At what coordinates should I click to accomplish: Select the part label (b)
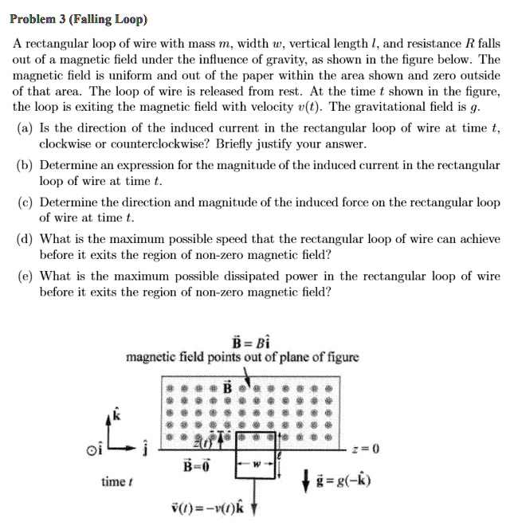(x=26, y=166)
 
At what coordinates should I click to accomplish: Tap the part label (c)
(x=26, y=202)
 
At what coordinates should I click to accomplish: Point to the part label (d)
(x=26, y=239)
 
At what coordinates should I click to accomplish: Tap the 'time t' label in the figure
(x=116, y=483)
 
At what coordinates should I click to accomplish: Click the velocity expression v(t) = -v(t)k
(x=210, y=510)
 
